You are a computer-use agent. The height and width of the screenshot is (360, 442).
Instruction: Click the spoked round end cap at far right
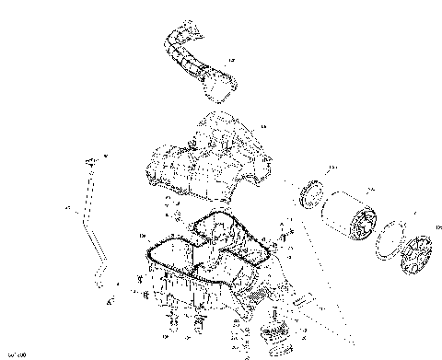(x=420, y=253)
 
